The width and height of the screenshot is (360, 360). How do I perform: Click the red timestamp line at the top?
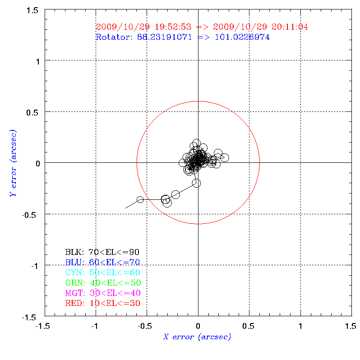[x=202, y=27]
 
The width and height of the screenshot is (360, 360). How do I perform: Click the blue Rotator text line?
[x=183, y=37]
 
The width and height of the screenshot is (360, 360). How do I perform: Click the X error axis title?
[x=197, y=337]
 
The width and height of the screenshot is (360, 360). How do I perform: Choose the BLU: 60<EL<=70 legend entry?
[x=102, y=262]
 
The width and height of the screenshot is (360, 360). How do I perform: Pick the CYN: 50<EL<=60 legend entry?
[x=102, y=272]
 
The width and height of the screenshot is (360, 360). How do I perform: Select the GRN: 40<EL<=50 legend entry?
[x=103, y=283]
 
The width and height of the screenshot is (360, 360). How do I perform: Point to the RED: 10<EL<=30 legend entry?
[x=103, y=303]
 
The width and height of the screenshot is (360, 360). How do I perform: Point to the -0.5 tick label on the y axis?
[x=30, y=214]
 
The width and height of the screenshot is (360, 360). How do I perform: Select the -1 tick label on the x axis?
[x=95, y=325]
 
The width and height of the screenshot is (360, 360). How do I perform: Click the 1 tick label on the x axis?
[x=300, y=325]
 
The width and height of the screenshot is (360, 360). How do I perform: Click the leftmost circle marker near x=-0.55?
[x=140, y=199]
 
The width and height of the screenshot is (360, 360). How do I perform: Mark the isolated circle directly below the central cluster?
[x=196, y=183]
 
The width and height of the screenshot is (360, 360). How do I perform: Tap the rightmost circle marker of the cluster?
[x=224, y=157]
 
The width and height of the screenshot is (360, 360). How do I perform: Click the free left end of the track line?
[x=125, y=208]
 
